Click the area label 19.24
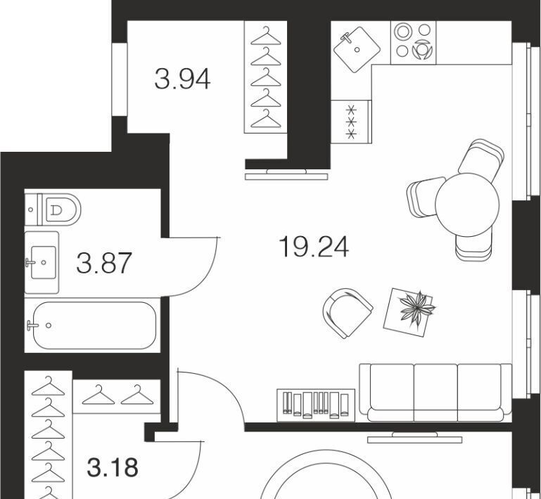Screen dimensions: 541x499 [x=314, y=247]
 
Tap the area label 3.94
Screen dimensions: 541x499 [x=182, y=79]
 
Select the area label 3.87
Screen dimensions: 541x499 [x=104, y=263]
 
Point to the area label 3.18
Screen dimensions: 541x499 [x=113, y=467]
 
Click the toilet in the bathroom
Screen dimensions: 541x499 [x=53, y=209]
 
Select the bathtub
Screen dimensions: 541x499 [x=93, y=325]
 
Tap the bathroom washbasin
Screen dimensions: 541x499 [x=42, y=263]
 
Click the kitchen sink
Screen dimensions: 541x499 [x=357, y=49]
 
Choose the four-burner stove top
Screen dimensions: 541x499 [x=414, y=43]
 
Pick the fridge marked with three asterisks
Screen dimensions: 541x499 [x=351, y=122]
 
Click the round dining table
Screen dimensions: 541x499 [x=467, y=205]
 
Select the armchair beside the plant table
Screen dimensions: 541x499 [x=347, y=313]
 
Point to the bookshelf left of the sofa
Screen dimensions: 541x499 [x=316, y=406]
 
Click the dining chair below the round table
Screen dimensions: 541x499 [x=473, y=246]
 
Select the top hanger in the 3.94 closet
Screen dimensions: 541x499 [x=266, y=36]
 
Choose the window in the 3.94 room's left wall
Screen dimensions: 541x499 [x=120, y=79]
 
